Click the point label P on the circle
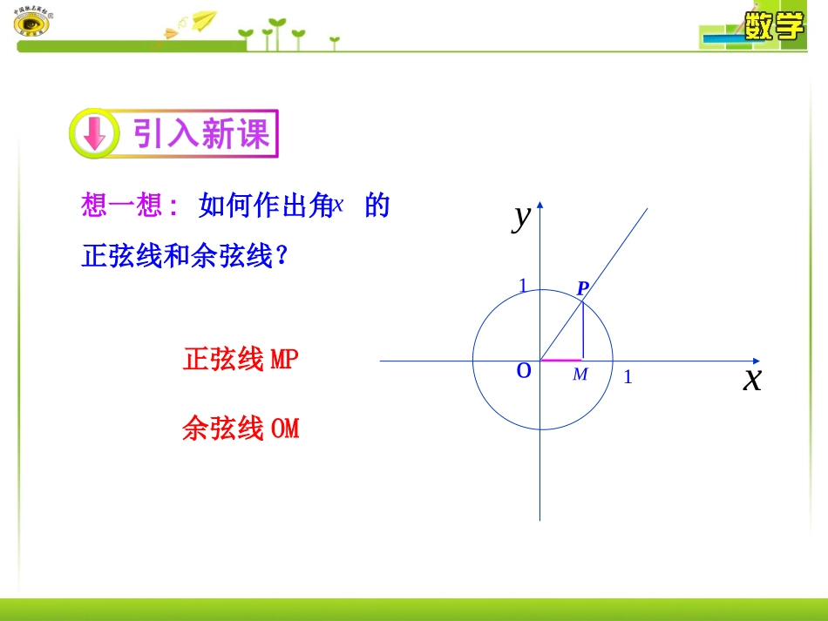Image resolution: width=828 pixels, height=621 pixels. tap(583, 288)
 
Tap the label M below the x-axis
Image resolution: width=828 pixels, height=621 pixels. tap(580, 375)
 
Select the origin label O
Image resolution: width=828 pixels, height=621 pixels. tap(524, 370)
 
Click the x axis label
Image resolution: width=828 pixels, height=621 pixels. tap(751, 379)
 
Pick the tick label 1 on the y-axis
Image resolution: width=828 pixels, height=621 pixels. tap(523, 286)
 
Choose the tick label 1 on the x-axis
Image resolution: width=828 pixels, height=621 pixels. tap(628, 377)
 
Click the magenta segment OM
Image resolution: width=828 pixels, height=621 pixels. tap(561, 359)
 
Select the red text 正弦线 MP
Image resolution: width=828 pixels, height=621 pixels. tap(241, 359)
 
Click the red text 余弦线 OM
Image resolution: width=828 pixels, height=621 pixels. tap(241, 429)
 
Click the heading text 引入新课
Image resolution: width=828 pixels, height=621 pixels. tap(201, 133)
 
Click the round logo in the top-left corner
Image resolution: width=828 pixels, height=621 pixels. tap(31, 24)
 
